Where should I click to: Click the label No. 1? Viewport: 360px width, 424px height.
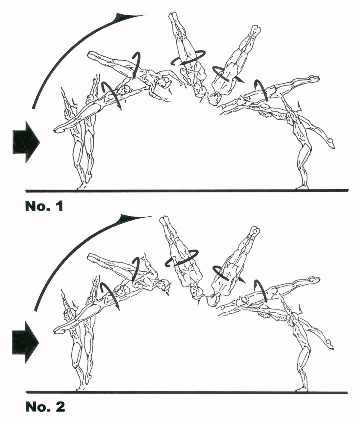[x=44, y=206]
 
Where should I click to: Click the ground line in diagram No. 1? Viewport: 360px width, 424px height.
[x=186, y=190]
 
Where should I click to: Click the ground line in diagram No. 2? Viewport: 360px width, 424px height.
[x=186, y=392]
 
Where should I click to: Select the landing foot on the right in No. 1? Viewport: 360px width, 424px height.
[x=301, y=187]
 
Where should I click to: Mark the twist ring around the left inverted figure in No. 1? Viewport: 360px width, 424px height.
[x=188, y=58]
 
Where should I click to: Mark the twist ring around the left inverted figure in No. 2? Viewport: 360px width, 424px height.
[x=182, y=258]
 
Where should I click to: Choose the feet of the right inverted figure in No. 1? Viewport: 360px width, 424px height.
[x=255, y=30]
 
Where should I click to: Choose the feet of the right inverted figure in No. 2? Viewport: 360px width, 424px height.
[x=254, y=231]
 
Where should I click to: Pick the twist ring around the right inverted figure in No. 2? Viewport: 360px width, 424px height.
[x=225, y=273]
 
